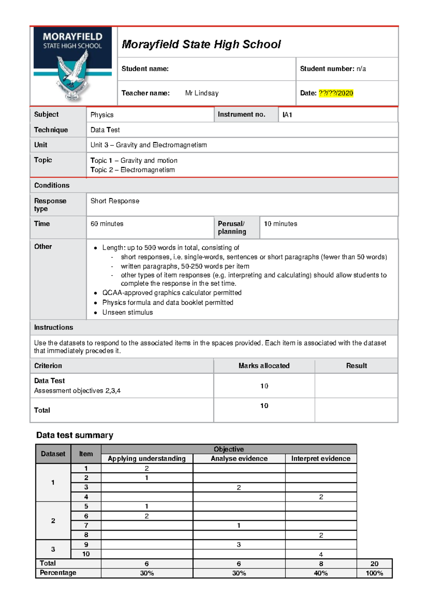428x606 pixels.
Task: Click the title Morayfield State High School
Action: pos(201,44)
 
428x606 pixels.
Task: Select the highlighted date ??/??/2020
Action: pos(336,93)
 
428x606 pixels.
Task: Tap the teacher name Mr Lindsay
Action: pos(202,93)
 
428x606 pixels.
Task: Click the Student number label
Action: pos(327,69)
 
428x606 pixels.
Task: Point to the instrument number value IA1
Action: pos(287,115)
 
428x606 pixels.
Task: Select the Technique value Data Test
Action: pos(105,130)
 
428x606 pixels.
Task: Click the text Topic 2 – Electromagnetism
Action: pos(132,170)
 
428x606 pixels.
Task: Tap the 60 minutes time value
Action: pos(107,224)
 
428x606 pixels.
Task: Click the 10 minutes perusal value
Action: pos(280,224)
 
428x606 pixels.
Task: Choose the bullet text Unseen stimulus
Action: pos(127,312)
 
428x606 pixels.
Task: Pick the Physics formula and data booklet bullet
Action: pos(168,303)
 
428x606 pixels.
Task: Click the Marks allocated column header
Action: pos(264,366)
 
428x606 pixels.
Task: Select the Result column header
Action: pos(356,366)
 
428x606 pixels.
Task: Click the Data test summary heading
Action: pos(75,435)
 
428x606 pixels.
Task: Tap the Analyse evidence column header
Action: pos(239,458)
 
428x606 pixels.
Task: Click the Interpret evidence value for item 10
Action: pos(321,554)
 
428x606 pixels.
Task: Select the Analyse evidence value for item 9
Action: pos(239,545)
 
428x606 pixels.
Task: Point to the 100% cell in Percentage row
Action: pos(374,573)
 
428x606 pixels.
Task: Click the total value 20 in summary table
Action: pos(374,563)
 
